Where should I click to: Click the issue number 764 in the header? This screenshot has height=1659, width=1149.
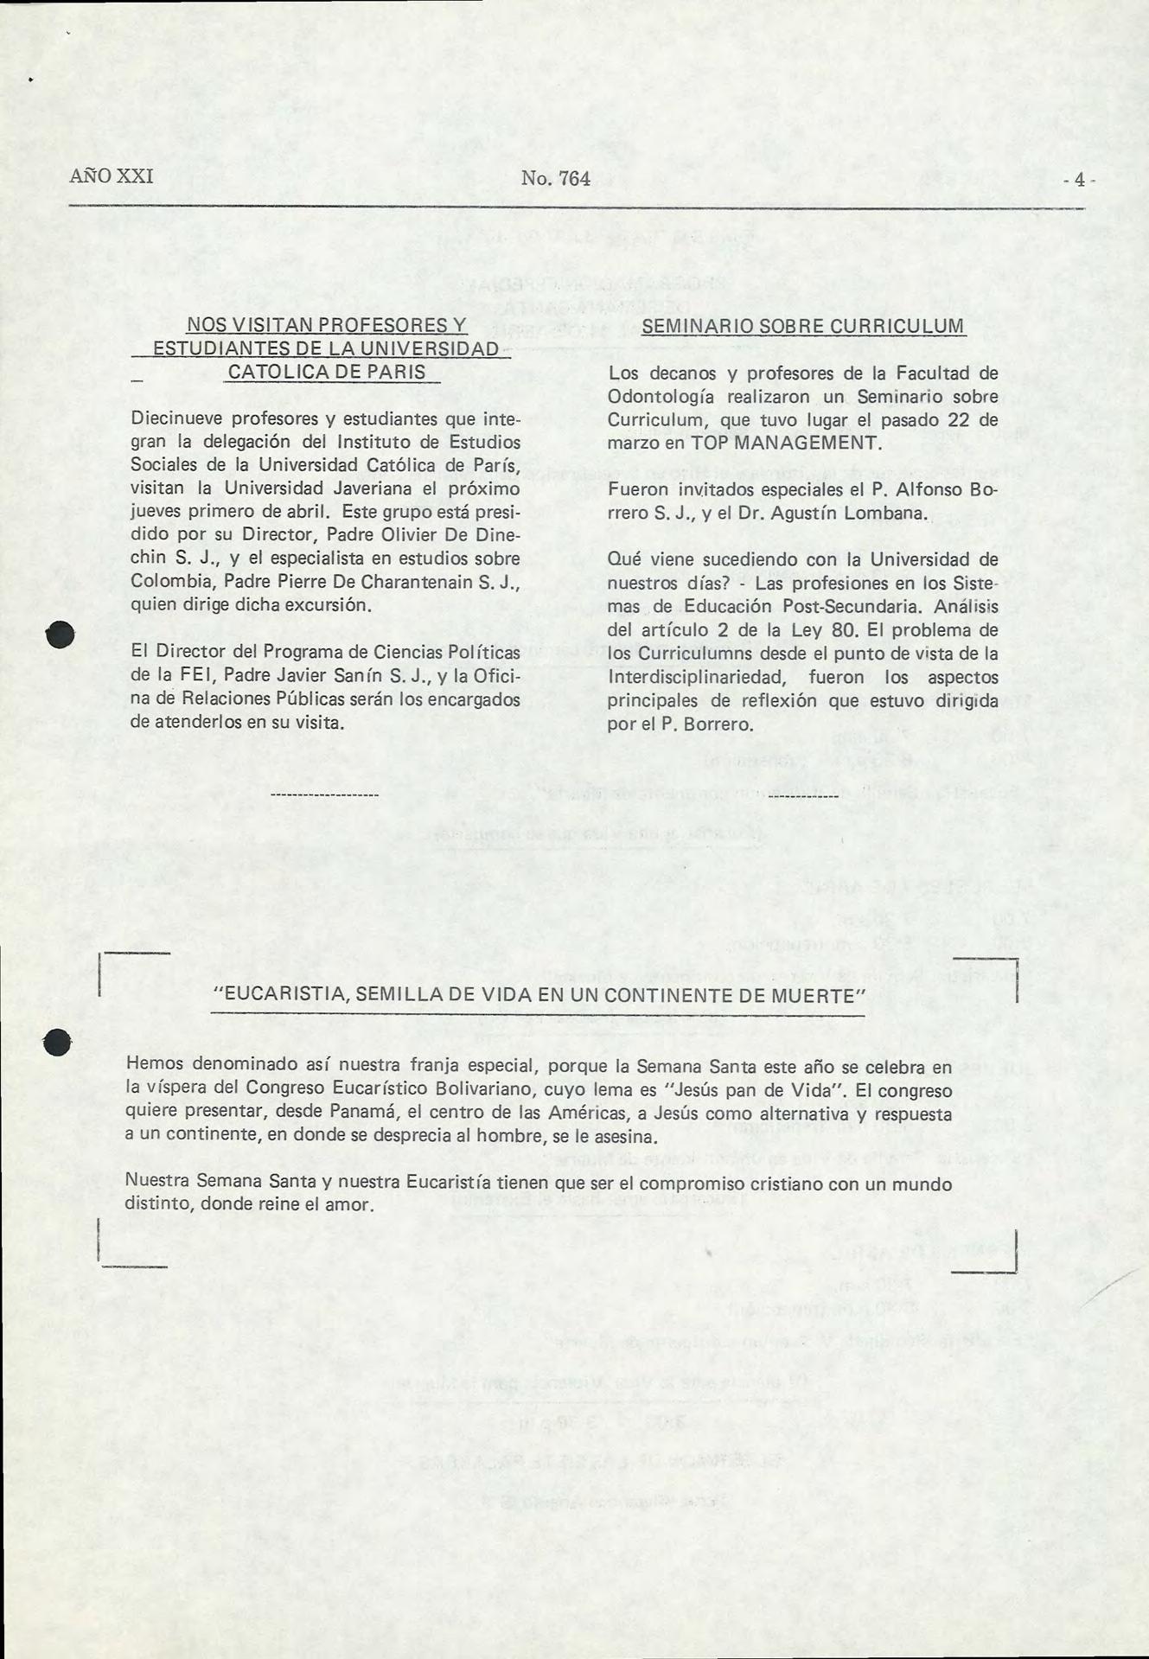tap(574, 179)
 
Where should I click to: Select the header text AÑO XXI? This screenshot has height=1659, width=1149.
tap(112, 176)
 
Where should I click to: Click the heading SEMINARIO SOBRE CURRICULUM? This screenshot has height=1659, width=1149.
tap(803, 326)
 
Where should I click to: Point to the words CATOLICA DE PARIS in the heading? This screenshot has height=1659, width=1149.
tap(326, 372)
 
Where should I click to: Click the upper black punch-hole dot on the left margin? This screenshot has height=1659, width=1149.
tap(63, 635)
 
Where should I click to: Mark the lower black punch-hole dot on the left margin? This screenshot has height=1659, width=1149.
tap(60, 1043)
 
